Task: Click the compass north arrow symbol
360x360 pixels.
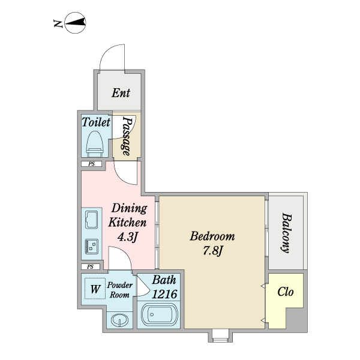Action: coord(76,23)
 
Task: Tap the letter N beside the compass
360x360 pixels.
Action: coord(58,23)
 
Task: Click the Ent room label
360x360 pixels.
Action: coord(121,93)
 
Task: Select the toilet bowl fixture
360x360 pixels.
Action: coord(95,142)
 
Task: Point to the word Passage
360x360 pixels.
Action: coord(126,136)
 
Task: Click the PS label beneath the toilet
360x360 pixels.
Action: coord(92,164)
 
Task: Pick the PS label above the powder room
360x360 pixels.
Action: coord(90,266)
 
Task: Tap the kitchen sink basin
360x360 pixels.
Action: coord(91,220)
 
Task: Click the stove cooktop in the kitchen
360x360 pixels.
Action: coord(92,247)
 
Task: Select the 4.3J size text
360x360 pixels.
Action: coord(127,237)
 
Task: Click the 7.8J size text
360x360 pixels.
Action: coord(212,250)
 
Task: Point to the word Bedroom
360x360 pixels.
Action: coord(212,236)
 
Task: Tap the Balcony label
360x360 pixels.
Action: coord(286,233)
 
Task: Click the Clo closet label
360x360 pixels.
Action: coord(286,292)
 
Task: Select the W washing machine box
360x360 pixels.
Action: coord(95,289)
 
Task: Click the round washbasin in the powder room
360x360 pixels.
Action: coord(119,320)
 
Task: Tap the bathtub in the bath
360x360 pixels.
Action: coord(160,315)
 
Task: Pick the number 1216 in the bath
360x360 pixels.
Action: coord(164,294)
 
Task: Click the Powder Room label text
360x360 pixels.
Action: coord(119,290)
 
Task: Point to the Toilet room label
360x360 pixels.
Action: coord(96,122)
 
